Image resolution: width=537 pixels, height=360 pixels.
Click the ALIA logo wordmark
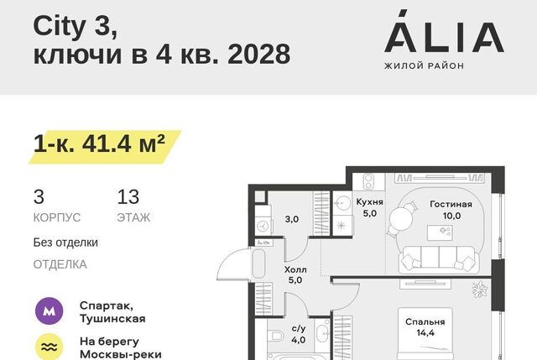pos(444,31)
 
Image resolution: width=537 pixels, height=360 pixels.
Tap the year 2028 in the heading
pos(259,54)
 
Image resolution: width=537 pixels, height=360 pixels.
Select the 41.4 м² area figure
pos(123,143)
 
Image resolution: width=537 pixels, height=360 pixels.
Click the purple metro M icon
pos(50,311)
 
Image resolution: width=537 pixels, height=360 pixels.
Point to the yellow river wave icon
pos(50,347)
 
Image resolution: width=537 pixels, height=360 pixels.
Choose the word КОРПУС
pos(57,217)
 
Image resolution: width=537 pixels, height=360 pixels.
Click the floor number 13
pos(128,197)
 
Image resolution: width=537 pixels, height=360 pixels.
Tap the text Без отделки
pos(65,243)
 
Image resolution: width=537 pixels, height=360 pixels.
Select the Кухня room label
pos(369,201)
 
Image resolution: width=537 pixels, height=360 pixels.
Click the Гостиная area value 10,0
pos(451,216)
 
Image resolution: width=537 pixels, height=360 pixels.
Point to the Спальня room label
pos(425,322)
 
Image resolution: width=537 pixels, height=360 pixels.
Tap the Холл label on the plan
pos(295,269)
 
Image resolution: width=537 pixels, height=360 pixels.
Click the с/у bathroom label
pos(299,329)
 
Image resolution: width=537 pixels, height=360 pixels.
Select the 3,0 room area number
pos(292,219)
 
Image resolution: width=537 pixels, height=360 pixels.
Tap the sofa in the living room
pos(439,258)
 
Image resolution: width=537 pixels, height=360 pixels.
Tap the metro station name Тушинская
pos(112,319)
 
